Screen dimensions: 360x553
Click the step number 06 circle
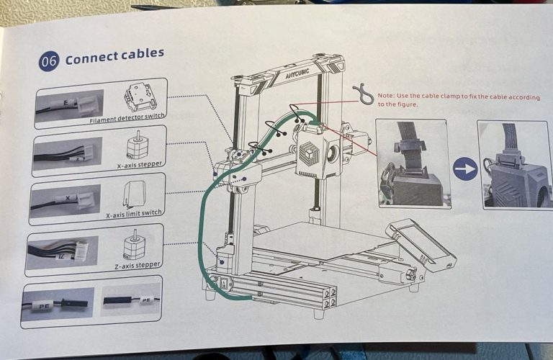(x=48, y=61)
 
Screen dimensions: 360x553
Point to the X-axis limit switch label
(x=132, y=215)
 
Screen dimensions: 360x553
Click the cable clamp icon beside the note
(x=362, y=94)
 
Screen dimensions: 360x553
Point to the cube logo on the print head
(x=310, y=154)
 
